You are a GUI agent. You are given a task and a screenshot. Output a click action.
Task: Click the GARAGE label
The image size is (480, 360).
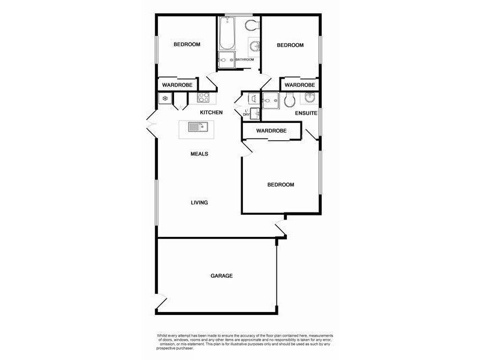point(221,276)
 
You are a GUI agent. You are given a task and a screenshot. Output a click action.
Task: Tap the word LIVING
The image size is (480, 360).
point(199,203)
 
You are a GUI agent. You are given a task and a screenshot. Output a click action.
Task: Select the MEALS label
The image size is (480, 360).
point(199,154)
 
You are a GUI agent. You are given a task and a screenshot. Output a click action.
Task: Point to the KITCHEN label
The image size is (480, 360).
point(211,113)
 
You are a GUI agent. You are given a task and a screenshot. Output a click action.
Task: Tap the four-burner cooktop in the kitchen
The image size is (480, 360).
point(203,98)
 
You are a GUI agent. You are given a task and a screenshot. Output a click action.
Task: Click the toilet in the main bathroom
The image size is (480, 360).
point(252,25)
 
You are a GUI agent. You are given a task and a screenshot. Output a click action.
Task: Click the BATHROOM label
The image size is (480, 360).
point(245,60)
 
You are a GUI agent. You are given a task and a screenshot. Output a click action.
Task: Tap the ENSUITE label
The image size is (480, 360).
point(306,113)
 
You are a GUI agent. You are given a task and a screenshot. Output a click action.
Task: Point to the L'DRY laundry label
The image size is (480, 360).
point(247,112)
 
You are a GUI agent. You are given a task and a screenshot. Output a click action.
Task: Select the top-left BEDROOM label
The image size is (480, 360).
point(187,44)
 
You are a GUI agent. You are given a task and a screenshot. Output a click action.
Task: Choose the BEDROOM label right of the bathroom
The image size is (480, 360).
point(290,46)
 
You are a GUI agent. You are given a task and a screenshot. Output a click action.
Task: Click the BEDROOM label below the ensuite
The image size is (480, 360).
point(281,185)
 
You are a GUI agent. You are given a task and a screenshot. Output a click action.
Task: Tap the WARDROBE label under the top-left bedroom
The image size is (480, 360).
point(177,86)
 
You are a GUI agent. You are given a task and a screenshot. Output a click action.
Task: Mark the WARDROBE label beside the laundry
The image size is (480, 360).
point(271,131)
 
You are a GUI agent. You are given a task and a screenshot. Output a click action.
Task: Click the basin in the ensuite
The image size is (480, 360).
point(311,98)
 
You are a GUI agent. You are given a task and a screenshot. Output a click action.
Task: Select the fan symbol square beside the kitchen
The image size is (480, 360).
point(164,98)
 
